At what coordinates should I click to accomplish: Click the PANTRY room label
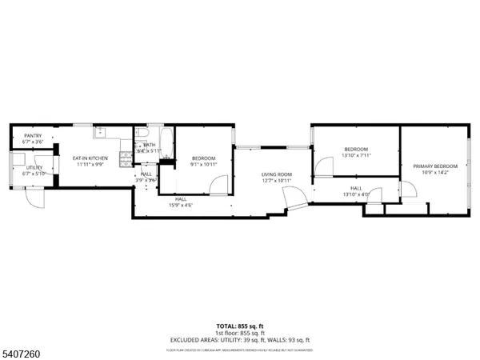33,136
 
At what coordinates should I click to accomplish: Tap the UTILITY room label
33,167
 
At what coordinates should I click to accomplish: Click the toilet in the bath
141,134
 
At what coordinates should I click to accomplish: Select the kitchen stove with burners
126,158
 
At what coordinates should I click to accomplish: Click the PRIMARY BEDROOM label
434,166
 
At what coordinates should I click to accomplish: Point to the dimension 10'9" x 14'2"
434,172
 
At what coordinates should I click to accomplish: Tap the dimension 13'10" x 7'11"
356,156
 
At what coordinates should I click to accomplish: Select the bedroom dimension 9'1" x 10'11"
203,164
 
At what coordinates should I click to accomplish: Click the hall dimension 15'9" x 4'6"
181,205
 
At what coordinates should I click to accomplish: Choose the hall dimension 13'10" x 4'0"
356,194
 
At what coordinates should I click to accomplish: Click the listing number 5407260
21,349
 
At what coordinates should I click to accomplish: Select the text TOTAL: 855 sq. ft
239,327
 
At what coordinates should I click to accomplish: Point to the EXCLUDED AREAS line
239,340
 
